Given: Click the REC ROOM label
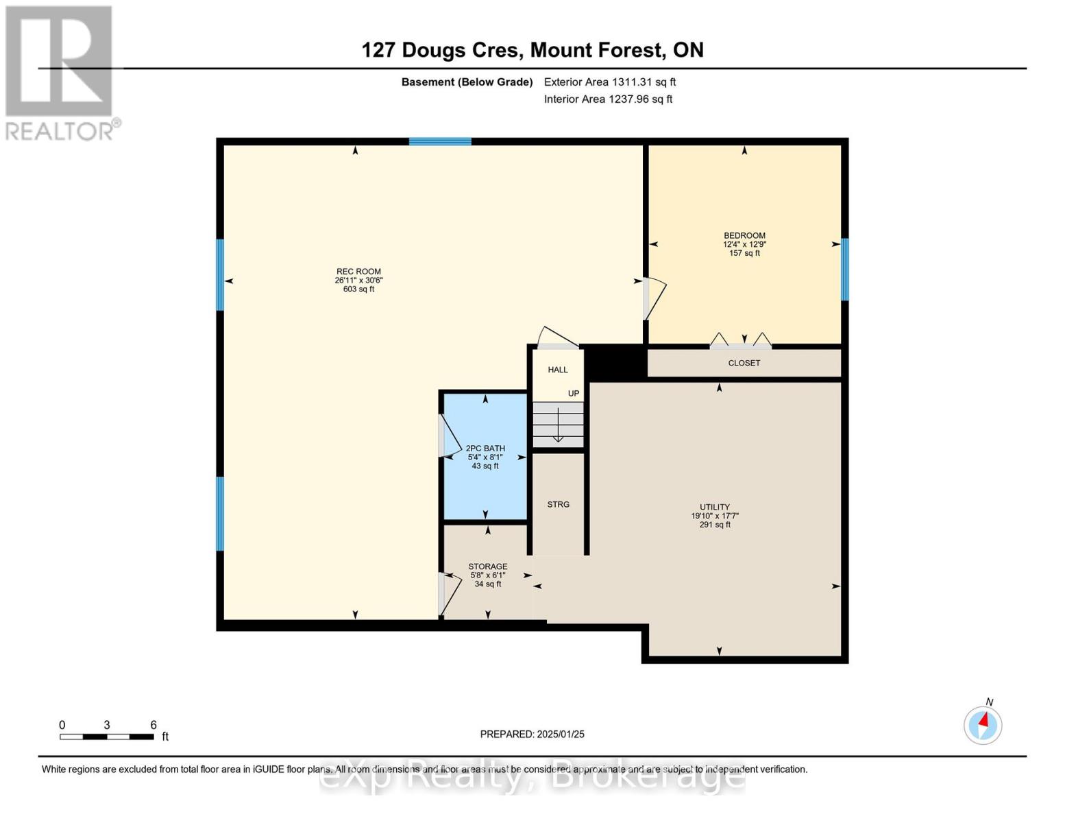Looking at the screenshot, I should pyautogui.click(x=358, y=272).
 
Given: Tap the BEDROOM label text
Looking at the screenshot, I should pyautogui.click(x=744, y=235).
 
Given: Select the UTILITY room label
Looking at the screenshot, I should pyautogui.click(x=715, y=507).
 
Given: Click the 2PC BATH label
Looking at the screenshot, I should pyautogui.click(x=485, y=449).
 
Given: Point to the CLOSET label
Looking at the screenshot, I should pyautogui.click(x=744, y=363).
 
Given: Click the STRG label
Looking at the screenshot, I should pyautogui.click(x=559, y=504).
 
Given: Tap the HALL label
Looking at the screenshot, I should pyautogui.click(x=558, y=370).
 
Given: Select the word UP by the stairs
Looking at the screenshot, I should pyautogui.click(x=574, y=394).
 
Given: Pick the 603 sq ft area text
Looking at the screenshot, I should pyautogui.click(x=358, y=289).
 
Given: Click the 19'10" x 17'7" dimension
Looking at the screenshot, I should pyautogui.click(x=715, y=516).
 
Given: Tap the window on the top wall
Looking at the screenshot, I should pyautogui.click(x=440, y=142).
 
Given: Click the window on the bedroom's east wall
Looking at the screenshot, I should pyautogui.click(x=845, y=270).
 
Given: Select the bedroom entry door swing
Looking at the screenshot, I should pyautogui.click(x=654, y=299).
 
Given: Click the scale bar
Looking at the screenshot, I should pyautogui.click(x=106, y=737).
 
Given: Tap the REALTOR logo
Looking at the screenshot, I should pyautogui.click(x=60, y=72).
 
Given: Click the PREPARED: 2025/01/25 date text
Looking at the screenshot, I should pyautogui.click(x=532, y=734).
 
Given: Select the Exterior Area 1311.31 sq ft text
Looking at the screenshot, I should pyautogui.click(x=610, y=82).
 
